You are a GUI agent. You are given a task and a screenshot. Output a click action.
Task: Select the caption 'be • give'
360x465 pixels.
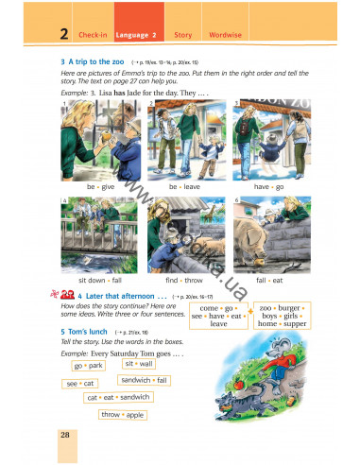[98, 187]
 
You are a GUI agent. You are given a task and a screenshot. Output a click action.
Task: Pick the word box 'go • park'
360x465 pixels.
[88, 365]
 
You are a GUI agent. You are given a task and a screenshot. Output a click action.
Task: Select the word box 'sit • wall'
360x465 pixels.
[139, 363]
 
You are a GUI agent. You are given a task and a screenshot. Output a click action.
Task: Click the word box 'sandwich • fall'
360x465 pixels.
[146, 380]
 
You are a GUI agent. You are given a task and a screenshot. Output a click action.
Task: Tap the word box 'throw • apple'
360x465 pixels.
[123, 414]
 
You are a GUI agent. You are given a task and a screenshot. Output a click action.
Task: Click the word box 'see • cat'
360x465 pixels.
[80, 384]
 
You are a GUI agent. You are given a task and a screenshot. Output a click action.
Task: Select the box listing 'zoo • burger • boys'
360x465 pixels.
[282, 316]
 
